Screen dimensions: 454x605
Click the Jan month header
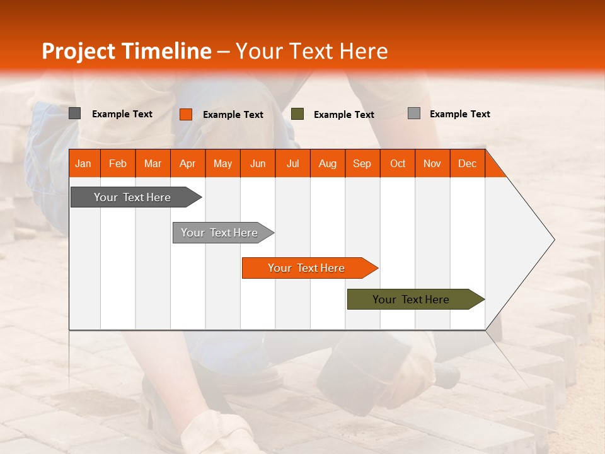pyautogui.click(x=83, y=163)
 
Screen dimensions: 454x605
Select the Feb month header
pyautogui.click(x=118, y=163)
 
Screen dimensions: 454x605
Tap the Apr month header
pyautogui.click(x=187, y=163)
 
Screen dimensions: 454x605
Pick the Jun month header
pyautogui.click(x=258, y=163)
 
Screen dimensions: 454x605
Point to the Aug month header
pyautogui.click(x=327, y=163)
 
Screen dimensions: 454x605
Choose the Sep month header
pyautogui.click(x=362, y=163)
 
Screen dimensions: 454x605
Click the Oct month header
pyautogui.click(x=398, y=163)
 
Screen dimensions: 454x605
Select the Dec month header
pyautogui.click(x=467, y=163)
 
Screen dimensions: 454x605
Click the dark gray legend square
pyautogui.click(x=75, y=113)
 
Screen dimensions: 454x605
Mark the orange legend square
pyautogui.click(x=186, y=114)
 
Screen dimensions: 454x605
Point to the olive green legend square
pyautogui.click(x=297, y=114)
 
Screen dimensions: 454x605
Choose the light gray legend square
pyautogui.click(x=414, y=113)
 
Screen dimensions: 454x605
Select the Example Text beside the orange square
pyautogui.click(x=233, y=115)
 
